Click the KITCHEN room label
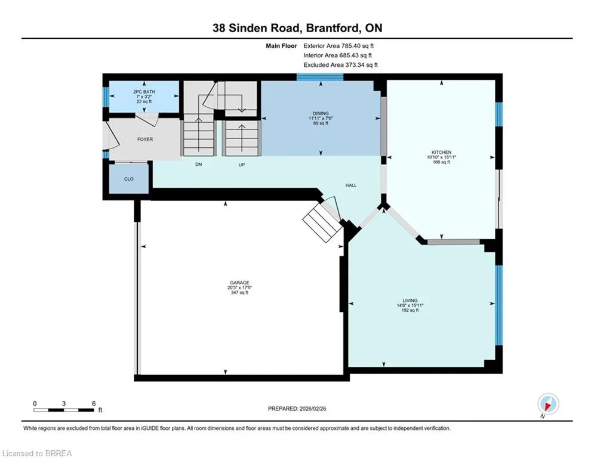point(441,152)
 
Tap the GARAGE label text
point(239,282)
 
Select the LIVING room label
point(410,300)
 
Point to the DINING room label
point(321,113)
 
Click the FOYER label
point(145,140)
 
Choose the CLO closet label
point(129,179)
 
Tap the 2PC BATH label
point(144,92)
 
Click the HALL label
point(351,185)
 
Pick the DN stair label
point(199,164)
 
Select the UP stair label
point(242,165)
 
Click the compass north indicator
point(548,404)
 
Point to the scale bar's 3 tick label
point(64,404)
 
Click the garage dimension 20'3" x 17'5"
point(239,287)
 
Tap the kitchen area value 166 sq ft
point(441,162)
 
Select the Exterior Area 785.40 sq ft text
point(338,46)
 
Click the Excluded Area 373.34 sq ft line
point(340,65)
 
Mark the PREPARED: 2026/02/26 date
point(297,409)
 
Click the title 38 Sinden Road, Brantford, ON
point(297,27)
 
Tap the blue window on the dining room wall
point(320,77)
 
